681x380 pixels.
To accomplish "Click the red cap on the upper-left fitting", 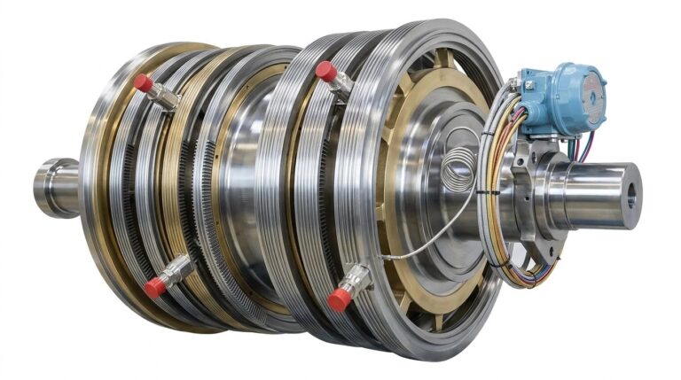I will [x=142, y=82].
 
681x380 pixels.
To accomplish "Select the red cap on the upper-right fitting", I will [x=325, y=71].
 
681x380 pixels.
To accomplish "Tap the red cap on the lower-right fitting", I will [x=338, y=299].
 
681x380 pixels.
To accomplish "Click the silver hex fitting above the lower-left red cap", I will [x=178, y=268].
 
